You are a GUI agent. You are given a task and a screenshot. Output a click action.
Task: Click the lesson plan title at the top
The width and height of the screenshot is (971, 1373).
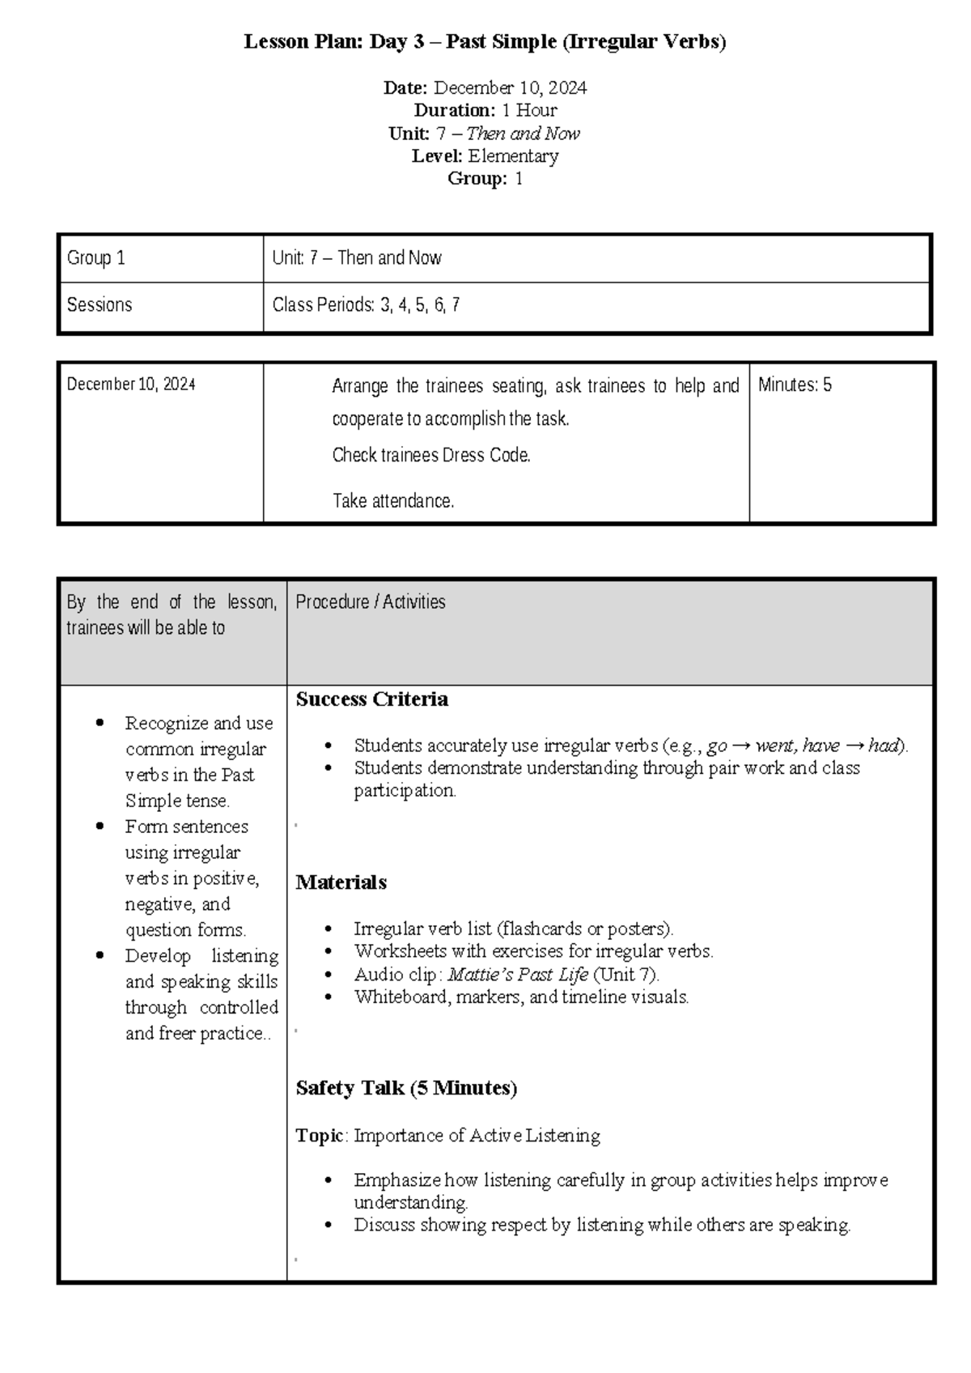pos(485,42)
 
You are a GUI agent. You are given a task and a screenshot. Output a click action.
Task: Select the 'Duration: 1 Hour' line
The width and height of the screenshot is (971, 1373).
pos(485,110)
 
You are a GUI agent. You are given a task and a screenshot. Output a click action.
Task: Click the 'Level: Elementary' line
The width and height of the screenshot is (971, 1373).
pos(485,156)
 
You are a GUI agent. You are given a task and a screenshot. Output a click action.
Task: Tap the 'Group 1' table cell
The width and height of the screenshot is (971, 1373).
pos(96,258)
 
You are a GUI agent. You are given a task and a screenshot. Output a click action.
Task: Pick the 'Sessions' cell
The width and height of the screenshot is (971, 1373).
pos(100,305)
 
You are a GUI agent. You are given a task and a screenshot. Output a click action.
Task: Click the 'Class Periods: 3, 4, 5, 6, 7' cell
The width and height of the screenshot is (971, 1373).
pos(366,305)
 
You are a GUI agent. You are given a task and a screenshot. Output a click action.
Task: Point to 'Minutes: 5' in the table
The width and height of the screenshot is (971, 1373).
pos(795,385)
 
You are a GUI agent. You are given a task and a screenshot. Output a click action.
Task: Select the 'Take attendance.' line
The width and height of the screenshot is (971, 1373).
pos(393,501)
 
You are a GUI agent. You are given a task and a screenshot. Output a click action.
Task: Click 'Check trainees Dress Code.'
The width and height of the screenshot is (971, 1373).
pos(431,455)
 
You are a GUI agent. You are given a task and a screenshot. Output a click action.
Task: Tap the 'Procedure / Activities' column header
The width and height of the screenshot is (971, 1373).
pos(371,601)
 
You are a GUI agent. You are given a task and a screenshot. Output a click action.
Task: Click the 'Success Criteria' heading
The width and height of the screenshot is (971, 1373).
pos(371,699)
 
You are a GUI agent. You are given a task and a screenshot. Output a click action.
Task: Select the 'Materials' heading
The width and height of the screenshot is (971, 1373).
pos(341,882)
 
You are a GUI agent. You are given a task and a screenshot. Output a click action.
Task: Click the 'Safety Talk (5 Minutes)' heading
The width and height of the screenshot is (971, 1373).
pos(406,1088)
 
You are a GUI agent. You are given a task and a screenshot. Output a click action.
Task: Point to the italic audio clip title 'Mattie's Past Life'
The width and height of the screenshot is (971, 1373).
pos(518,975)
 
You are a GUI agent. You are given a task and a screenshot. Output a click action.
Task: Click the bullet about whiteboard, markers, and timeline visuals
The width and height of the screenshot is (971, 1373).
pos(521,997)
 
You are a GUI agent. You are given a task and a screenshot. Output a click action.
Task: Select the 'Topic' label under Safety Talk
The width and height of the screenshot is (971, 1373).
pos(320,1136)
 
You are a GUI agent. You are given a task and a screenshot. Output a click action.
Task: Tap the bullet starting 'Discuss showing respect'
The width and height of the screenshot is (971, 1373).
pos(602,1226)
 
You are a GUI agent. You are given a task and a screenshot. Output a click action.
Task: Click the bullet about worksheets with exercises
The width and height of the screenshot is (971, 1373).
pos(533,951)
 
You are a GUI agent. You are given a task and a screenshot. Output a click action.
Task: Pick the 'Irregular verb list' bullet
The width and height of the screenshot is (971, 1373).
pos(513,929)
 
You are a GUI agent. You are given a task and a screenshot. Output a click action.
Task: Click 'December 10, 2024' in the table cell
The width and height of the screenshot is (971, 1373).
pos(131,385)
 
